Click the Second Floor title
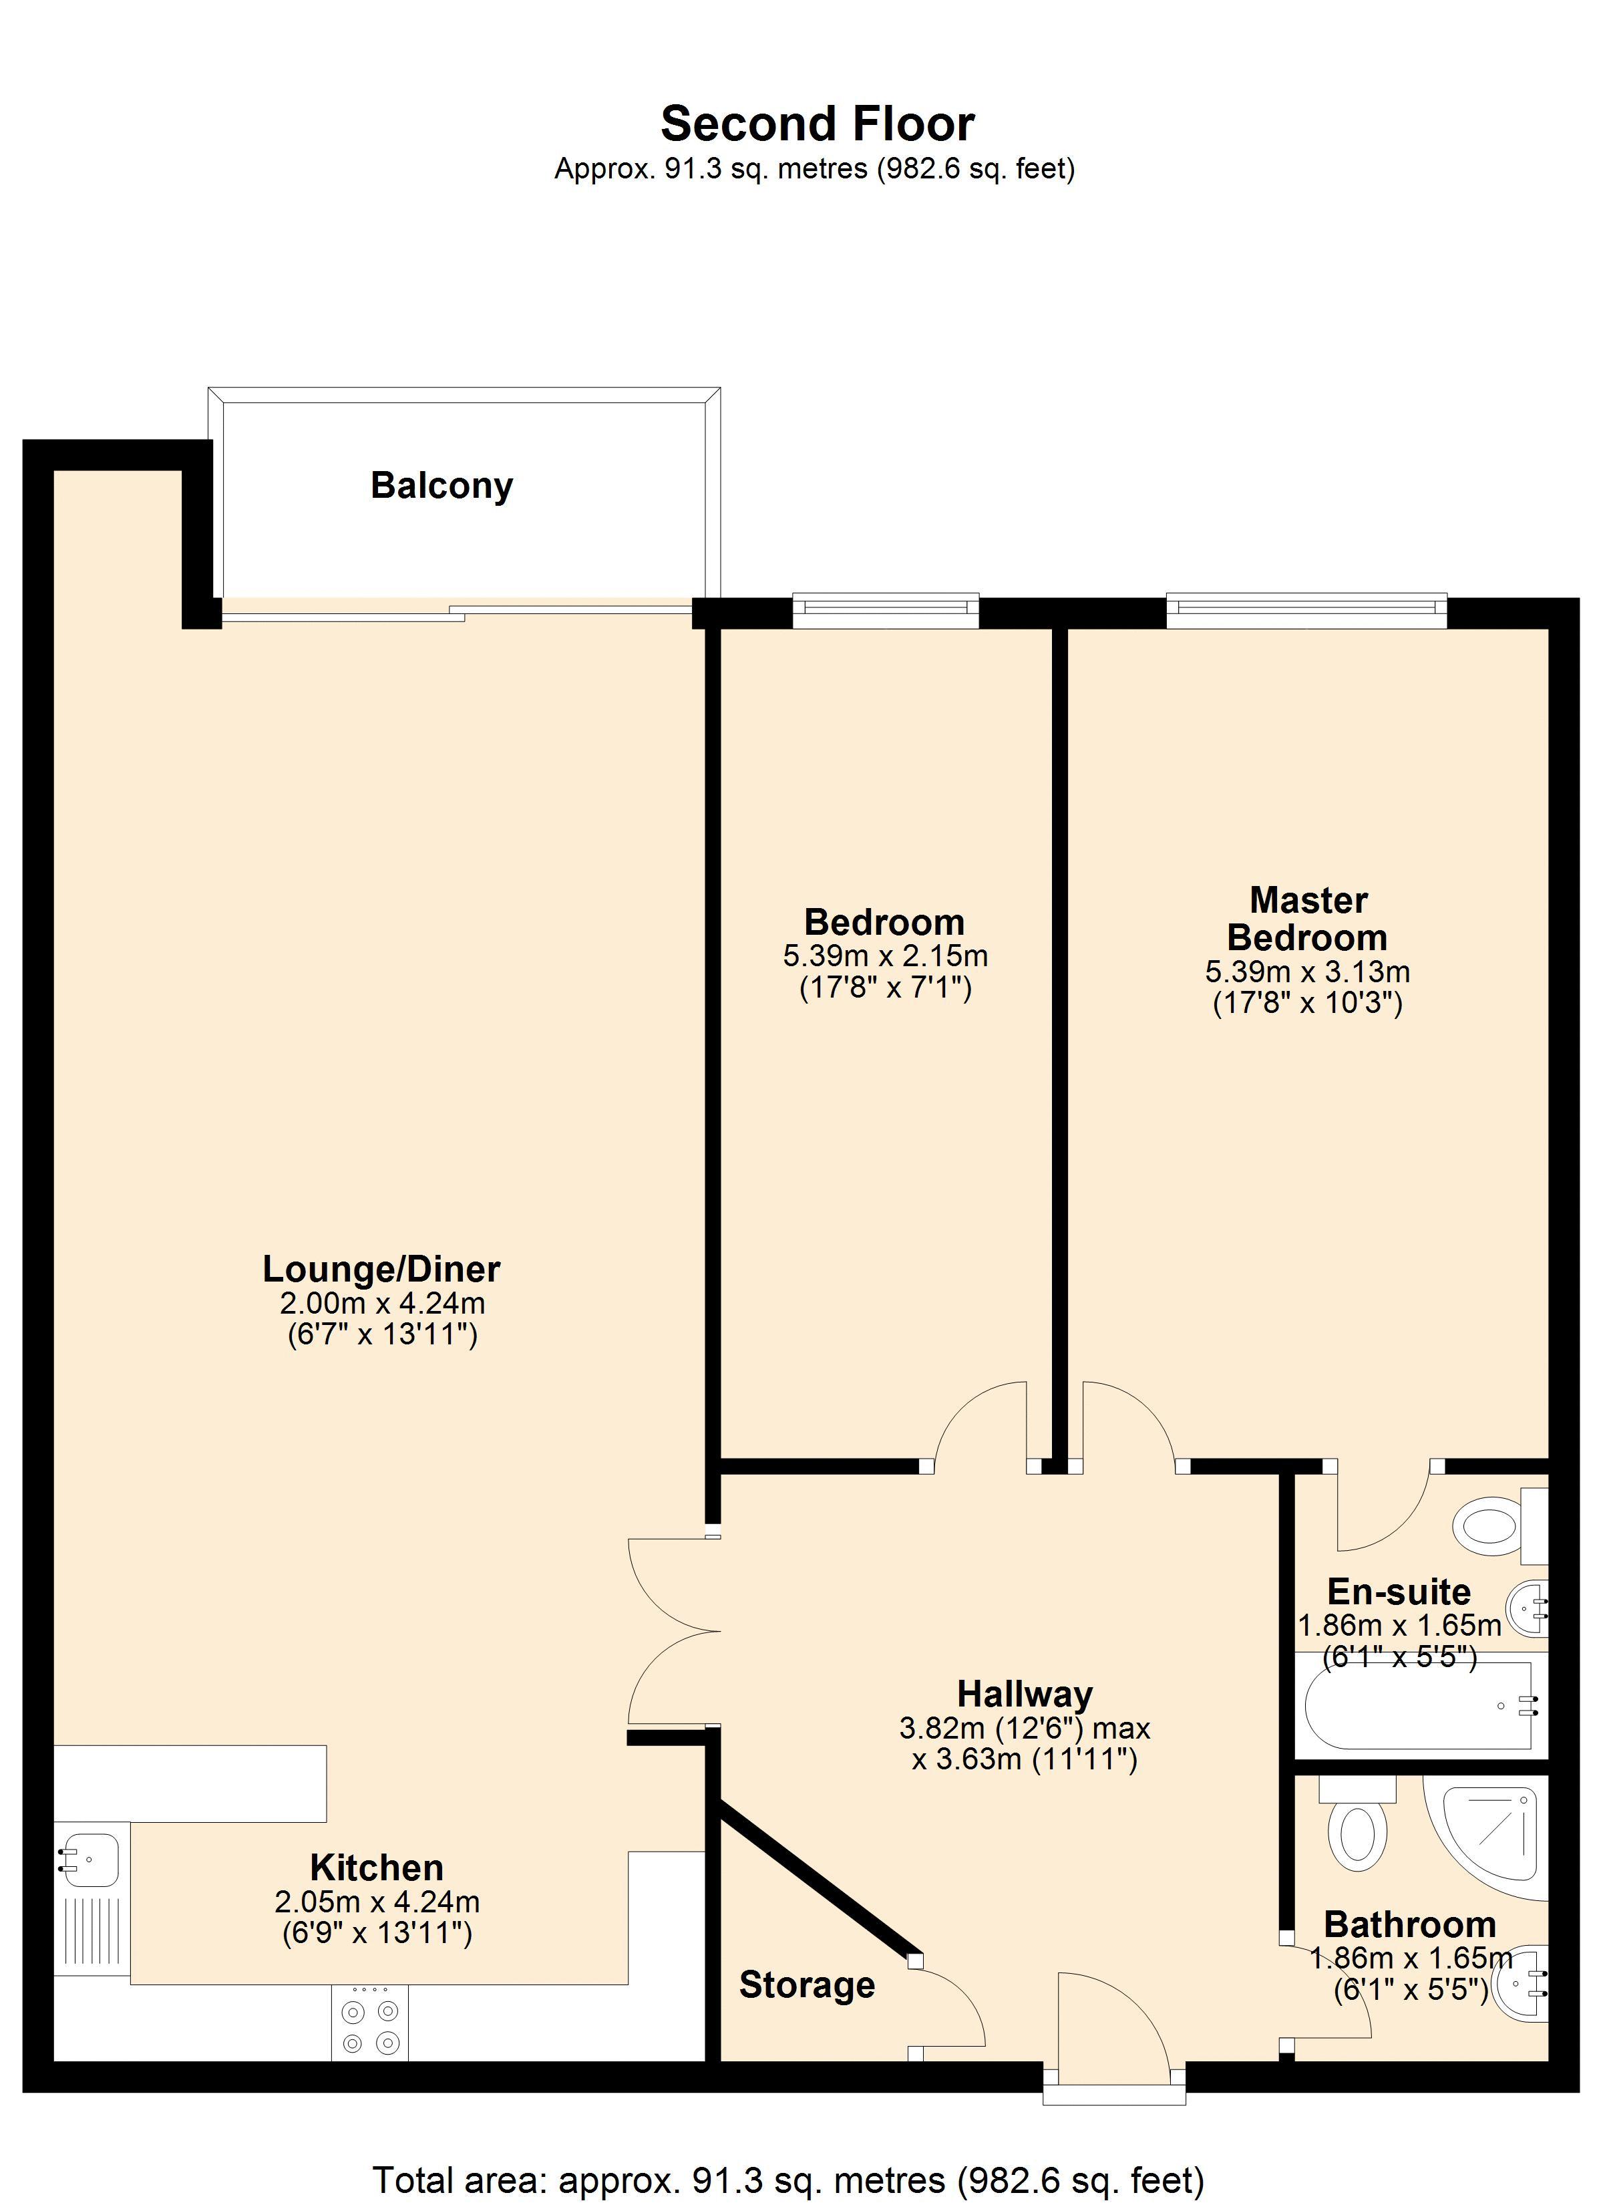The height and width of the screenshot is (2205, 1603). coord(817,124)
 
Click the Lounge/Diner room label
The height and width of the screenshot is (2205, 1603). coord(381,1269)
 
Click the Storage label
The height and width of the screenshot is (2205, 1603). coord(807,1985)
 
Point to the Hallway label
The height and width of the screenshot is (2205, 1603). coord(1025,1694)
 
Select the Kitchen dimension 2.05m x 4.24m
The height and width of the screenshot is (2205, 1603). coord(377,1901)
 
